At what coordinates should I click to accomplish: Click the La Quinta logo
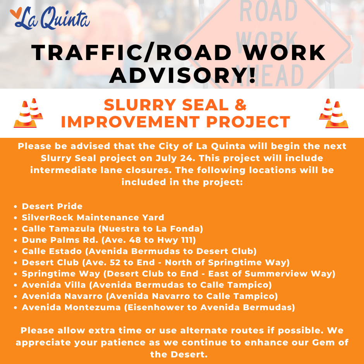pos(50,18)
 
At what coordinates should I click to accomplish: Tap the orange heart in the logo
pos(16,13)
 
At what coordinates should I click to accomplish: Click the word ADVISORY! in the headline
pos(182,76)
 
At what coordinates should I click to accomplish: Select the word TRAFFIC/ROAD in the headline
pos(131,53)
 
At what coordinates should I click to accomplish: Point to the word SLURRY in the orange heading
pos(140,105)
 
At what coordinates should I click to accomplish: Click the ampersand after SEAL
pos(240,105)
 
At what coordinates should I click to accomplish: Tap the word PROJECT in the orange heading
pos(248,122)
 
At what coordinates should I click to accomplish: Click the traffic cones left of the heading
pos(28,113)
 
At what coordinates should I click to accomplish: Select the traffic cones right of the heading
pos(333,113)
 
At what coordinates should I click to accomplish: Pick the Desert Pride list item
pos(52,206)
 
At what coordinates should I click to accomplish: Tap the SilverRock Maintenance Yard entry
pos(93,217)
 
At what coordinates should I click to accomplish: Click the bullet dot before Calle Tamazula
pos(15,229)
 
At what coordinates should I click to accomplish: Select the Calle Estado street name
pos(52,251)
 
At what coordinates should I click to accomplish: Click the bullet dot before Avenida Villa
pos(15,285)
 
